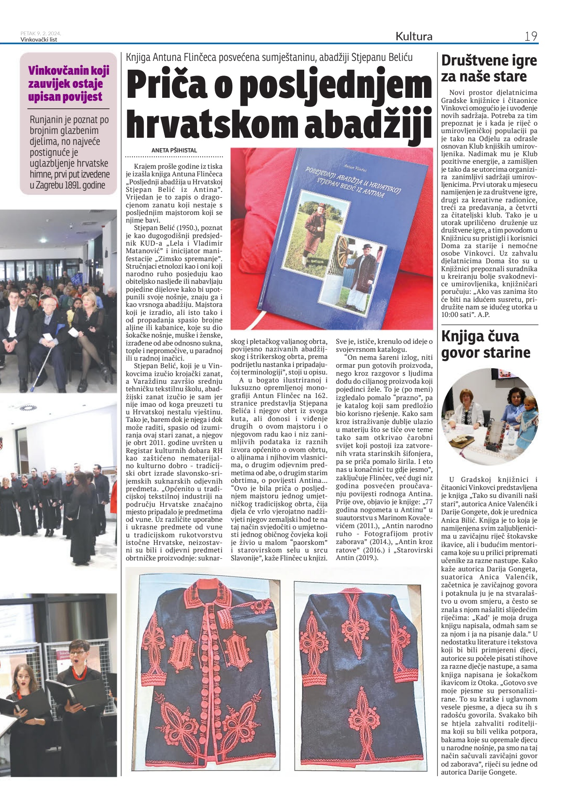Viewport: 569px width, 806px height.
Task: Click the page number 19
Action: [x=531, y=37]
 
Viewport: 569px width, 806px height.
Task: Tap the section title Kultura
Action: [x=414, y=37]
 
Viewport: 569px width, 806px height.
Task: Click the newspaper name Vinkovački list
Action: [x=39, y=40]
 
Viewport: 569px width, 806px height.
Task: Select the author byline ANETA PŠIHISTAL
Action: [x=174, y=150]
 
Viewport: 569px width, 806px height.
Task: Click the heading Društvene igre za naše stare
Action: [x=489, y=68]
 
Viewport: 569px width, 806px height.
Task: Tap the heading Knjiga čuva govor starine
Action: [x=485, y=344]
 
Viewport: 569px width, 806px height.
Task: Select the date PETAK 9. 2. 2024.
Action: [x=40, y=33]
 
